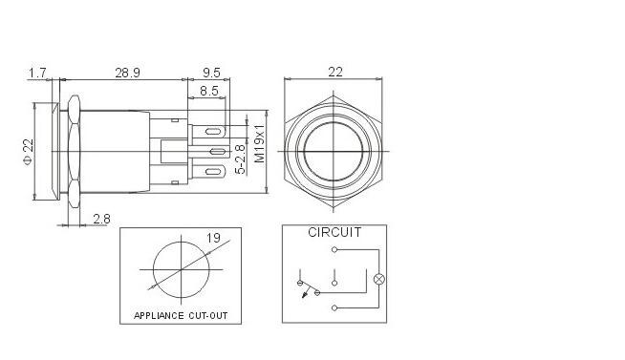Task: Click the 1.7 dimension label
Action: pyautogui.click(x=38, y=73)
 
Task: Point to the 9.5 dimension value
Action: pyautogui.click(x=212, y=73)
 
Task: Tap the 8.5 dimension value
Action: pyautogui.click(x=209, y=92)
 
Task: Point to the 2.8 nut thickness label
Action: pyautogui.click(x=101, y=219)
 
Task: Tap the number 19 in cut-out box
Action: pyautogui.click(x=214, y=238)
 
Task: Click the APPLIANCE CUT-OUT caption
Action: pyautogui.click(x=180, y=315)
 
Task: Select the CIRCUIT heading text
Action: pyautogui.click(x=334, y=233)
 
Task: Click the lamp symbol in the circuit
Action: pyautogui.click(x=377, y=279)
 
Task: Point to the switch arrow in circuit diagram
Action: pyautogui.click(x=305, y=293)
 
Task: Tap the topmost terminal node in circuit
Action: pyautogui.click(x=334, y=249)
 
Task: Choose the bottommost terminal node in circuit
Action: pyautogui.click(x=334, y=307)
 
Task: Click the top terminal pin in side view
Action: pyautogui.click(x=213, y=130)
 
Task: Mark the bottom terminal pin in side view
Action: pyautogui.click(x=213, y=172)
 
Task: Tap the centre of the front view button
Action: pyautogui.click(x=334, y=150)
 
